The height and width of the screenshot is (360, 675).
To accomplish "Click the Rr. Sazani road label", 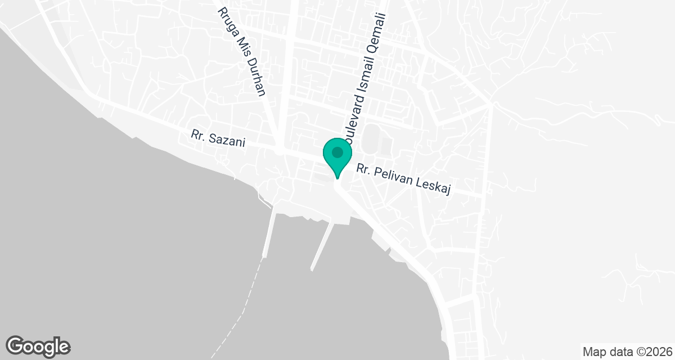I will click(218, 138).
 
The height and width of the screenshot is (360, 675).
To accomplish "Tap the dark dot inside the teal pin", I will click(337, 152).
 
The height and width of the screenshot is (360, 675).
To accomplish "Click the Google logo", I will click(38, 346).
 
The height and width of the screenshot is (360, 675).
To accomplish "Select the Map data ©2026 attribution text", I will click(627, 352).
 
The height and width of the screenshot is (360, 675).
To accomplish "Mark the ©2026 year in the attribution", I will click(651, 352).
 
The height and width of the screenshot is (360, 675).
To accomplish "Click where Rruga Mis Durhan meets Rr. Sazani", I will click(280, 151).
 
